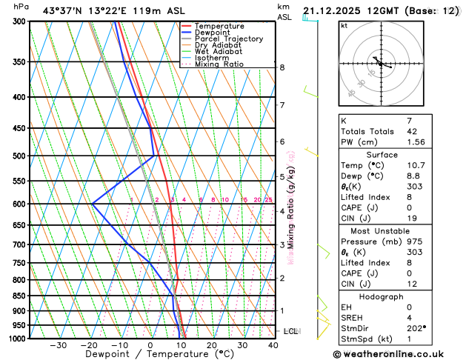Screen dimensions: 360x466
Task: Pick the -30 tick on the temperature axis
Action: (x=58, y=345)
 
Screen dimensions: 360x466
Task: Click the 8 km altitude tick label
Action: (x=282, y=67)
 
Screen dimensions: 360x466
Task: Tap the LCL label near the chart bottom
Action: (x=290, y=330)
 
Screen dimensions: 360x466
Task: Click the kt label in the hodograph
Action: (x=344, y=25)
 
